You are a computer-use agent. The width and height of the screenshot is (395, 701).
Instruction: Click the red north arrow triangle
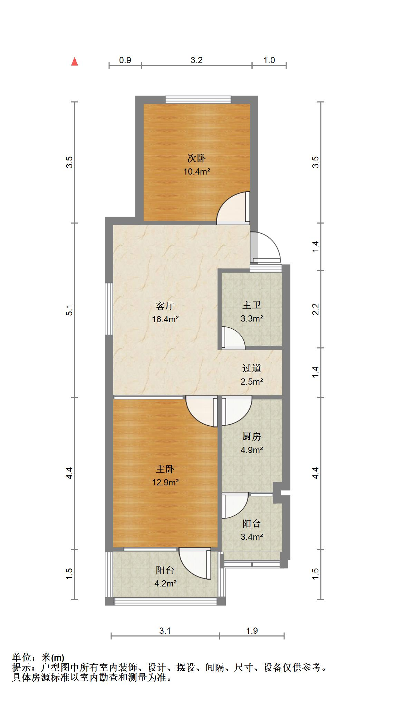(74, 61)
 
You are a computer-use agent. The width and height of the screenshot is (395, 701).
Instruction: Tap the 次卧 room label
(196, 158)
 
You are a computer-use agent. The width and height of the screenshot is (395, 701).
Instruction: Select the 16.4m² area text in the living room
(165, 319)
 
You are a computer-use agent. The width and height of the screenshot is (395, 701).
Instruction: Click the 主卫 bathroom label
(252, 305)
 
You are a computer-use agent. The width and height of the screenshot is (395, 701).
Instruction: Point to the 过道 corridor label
(252, 368)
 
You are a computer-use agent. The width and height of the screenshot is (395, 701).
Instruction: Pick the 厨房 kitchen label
(252, 437)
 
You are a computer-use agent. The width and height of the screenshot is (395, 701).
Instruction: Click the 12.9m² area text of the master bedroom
(165, 482)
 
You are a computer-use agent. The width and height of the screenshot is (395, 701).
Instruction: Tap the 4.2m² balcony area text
(165, 583)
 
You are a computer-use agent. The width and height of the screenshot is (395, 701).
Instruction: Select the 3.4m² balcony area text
(252, 537)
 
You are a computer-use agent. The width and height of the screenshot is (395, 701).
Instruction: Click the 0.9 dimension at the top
(125, 60)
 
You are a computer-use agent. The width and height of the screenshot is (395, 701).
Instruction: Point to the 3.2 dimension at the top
(196, 60)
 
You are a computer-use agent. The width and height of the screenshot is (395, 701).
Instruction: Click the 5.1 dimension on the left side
(70, 310)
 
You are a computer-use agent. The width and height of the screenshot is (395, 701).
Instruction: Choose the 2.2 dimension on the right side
(316, 309)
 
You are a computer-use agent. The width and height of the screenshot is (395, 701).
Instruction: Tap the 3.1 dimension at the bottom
(165, 631)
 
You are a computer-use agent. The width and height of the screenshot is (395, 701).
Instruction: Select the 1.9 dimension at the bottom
(252, 631)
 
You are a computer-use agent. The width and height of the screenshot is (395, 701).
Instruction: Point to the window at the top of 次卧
(198, 99)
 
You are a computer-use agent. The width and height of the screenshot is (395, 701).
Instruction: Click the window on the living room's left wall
(109, 309)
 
